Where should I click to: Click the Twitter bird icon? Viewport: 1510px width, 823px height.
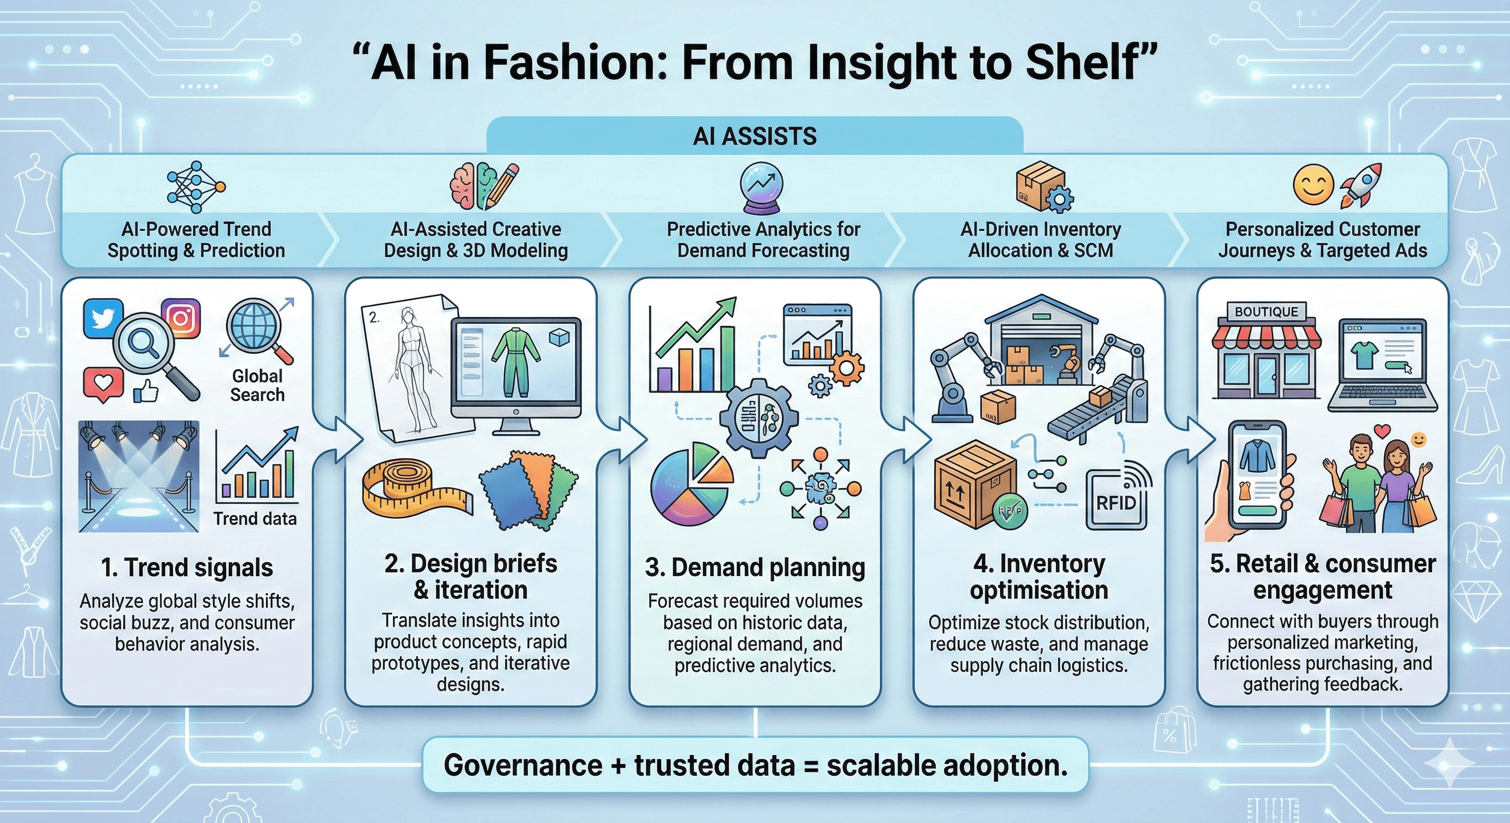coord(103,318)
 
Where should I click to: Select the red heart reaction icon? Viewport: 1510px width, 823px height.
coord(103,384)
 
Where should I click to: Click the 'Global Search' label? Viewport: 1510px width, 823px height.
coord(257,385)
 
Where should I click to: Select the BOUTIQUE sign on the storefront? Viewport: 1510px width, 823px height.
coord(1266,312)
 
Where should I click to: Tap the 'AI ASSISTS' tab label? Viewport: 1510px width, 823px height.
coord(754,137)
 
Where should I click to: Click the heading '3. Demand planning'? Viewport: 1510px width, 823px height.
coord(754,567)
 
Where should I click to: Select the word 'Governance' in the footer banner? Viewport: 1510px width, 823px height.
coord(522,765)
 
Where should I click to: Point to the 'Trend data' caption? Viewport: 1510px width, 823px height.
coord(255,519)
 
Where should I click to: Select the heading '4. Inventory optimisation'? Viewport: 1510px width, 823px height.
coord(1039,577)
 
